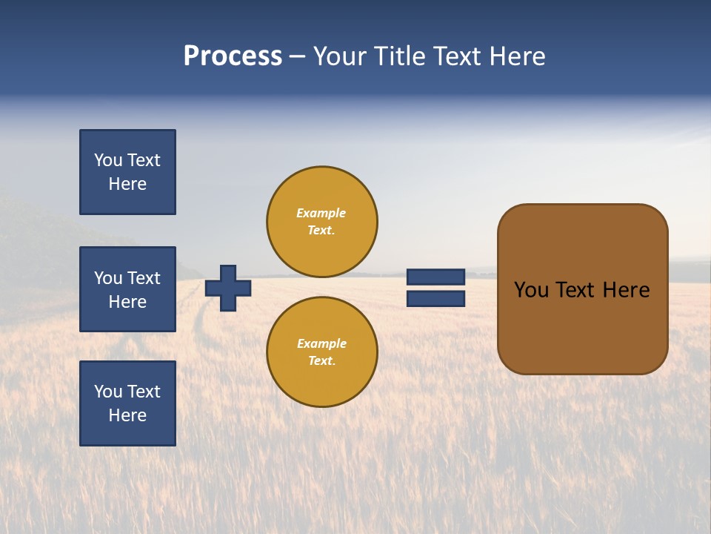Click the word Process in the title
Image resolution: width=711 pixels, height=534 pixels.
(233, 56)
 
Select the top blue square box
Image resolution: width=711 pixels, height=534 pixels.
(127, 172)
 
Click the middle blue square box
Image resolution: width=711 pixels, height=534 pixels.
(127, 289)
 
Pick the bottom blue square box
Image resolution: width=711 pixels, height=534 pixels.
(127, 403)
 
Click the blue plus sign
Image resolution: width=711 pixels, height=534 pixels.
(228, 288)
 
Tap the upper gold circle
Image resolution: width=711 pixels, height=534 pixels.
(322, 222)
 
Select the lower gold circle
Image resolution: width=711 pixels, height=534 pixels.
(322, 352)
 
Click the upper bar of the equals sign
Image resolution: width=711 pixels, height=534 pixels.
(435, 277)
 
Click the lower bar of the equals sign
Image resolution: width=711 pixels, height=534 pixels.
(435, 299)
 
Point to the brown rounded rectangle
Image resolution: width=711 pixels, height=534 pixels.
(582, 326)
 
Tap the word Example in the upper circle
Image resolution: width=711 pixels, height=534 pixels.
(321, 213)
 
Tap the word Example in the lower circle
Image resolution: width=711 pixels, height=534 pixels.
(321, 343)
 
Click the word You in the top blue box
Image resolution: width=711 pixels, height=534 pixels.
(108, 160)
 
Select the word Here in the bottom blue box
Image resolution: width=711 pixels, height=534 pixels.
(127, 415)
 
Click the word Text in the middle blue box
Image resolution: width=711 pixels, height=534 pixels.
(144, 278)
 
